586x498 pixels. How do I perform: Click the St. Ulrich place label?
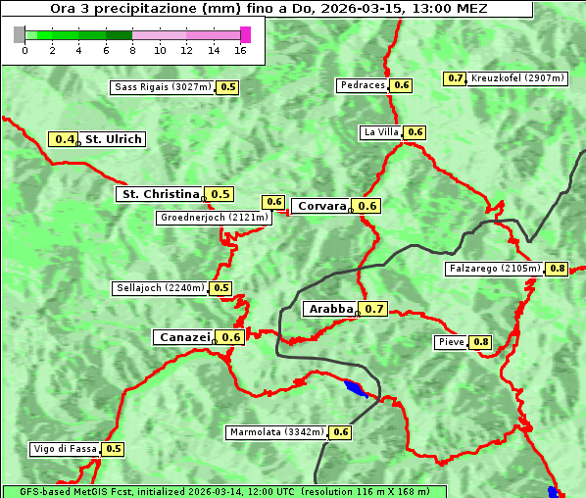(x=113, y=139)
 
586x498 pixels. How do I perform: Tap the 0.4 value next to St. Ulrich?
(x=65, y=139)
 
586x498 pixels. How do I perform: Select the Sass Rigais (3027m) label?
(x=163, y=87)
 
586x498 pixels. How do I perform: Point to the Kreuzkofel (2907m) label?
(x=517, y=77)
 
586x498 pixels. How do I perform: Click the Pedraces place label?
(x=363, y=85)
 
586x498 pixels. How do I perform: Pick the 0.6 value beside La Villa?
(x=415, y=132)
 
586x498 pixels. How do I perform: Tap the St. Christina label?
(x=160, y=194)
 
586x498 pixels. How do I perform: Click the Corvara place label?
(x=321, y=206)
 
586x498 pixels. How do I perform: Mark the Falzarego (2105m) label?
(x=494, y=268)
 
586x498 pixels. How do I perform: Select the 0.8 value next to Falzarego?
(x=558, y=268)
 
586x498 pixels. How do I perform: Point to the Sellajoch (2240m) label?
(x=160, y=288)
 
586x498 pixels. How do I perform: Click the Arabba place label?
(x=329, y=309)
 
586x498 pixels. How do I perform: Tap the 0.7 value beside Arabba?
(x=374, y=309)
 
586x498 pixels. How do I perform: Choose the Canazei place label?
(x=183, y=337)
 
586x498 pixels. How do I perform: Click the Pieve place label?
(x=451, y=342)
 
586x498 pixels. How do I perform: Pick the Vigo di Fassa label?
(x=66, y=449)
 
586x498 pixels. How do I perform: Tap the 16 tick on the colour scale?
(x=241, y=49)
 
